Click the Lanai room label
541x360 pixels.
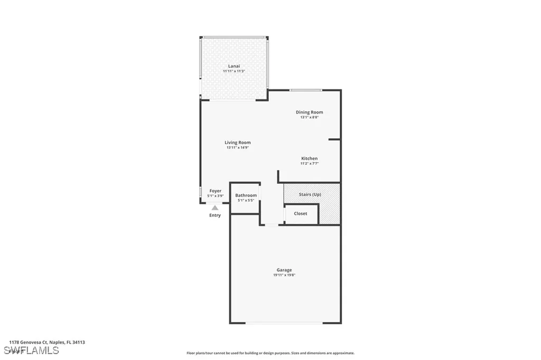click(x=234, y=66)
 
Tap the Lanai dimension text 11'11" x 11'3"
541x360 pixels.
click(x=234, y=71)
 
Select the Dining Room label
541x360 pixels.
click(x=309, y=112)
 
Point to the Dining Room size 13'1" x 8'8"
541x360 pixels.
click(x=309, y=117)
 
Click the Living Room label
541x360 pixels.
click(x=237, y=143)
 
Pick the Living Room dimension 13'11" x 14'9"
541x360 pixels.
click(x=237, y=148)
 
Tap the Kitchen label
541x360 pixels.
click(x=309, y=158)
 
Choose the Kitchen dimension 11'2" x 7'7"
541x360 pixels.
click(x=309, y=164)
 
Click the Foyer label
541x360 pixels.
click(x=215, y=191)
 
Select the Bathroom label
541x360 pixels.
click(x=246, y=195)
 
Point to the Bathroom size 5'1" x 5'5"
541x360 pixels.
click(x=246, y=201)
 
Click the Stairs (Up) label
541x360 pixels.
click(x=310, y=194)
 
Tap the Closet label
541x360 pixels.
click(x=301, y=214)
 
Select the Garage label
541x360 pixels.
click(x=284, y=270)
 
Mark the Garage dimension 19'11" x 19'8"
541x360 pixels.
click(x=284, y=275)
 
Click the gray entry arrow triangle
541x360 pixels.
click(x=215, y=208)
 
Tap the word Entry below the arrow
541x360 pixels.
click(x=215, y=215)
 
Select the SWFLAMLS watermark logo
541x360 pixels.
click(x=31, y=350)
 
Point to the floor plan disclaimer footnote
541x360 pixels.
click(x=270, y=353)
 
